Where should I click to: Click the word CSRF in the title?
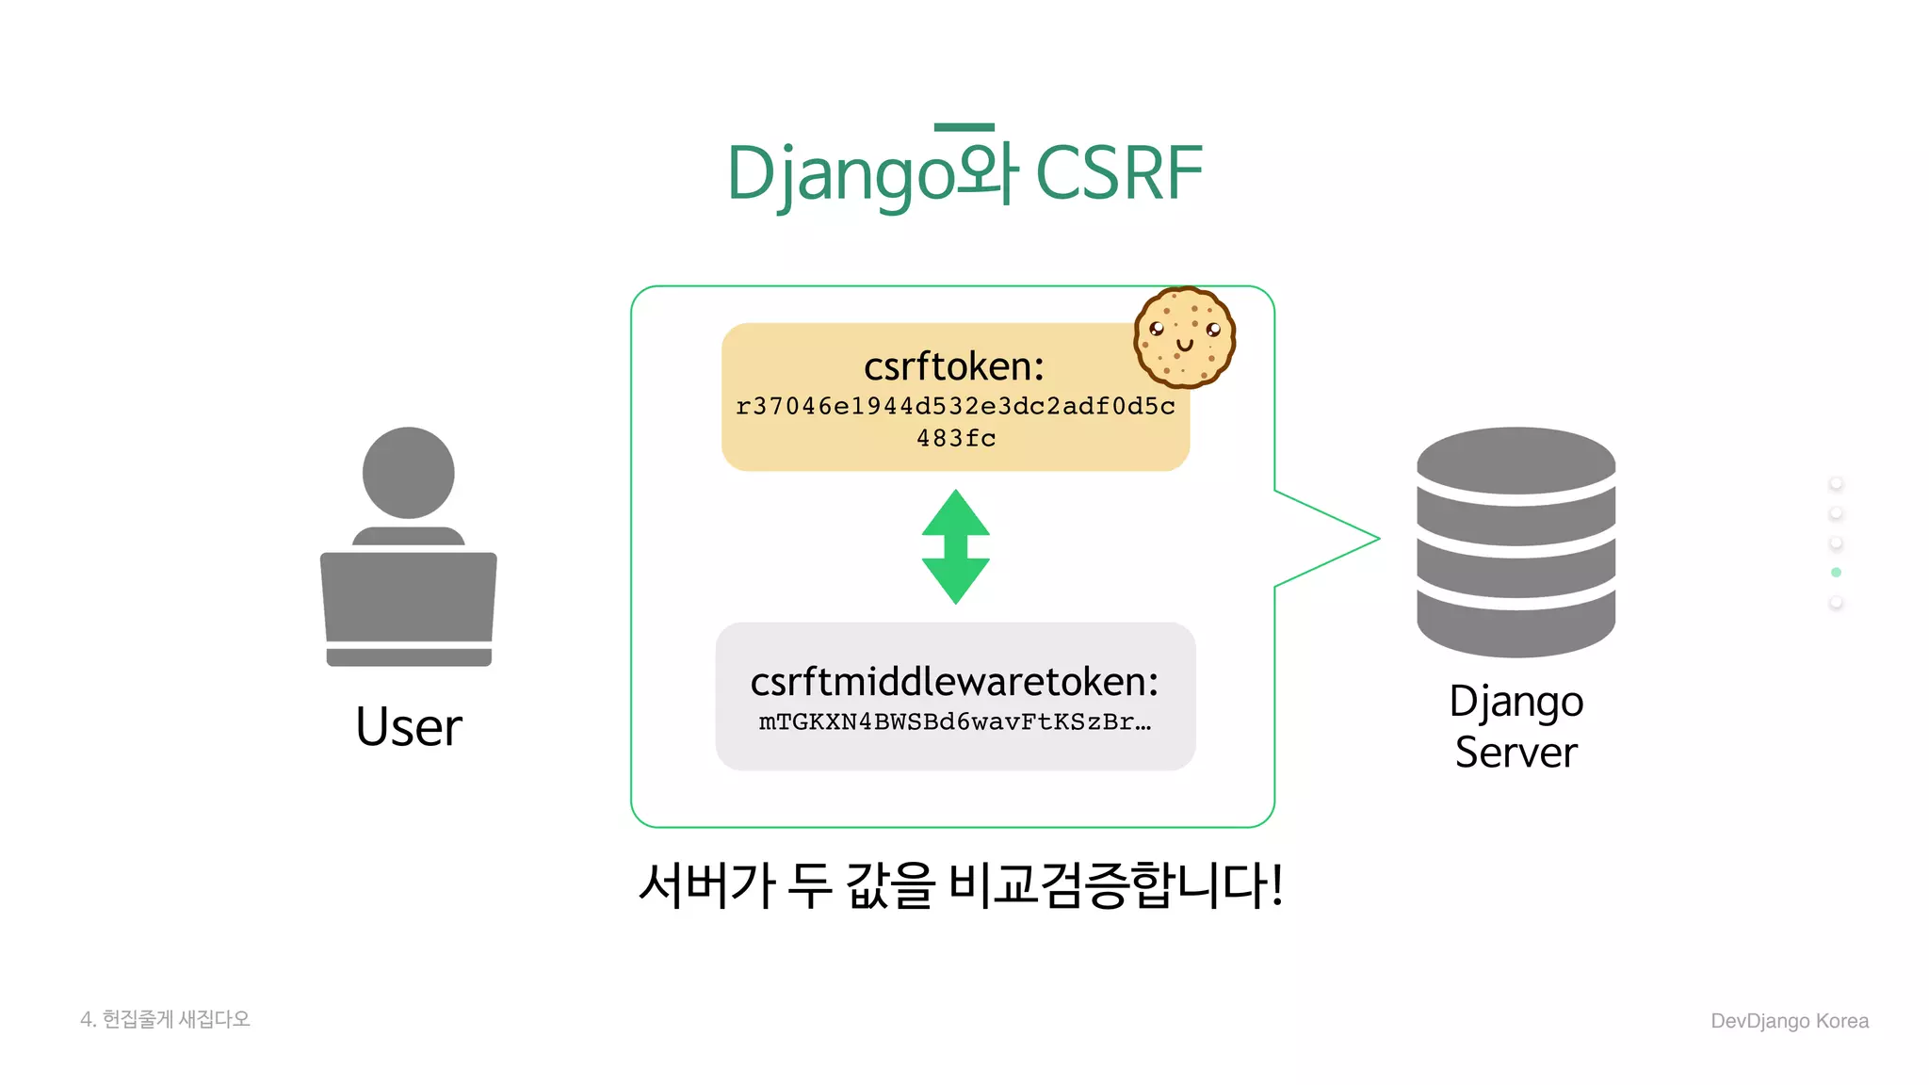1119,174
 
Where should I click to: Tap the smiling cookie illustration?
1184,337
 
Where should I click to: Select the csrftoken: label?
954,366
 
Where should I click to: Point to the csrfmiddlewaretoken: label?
954,681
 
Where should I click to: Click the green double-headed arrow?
955,546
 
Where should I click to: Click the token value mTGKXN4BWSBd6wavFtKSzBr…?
954,722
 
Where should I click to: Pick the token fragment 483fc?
955,438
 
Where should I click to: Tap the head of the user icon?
408,472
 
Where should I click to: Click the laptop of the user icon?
408,603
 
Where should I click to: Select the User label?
409,727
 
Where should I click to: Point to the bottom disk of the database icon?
1516,626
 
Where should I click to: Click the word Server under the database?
1516,753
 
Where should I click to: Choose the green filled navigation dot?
1836,573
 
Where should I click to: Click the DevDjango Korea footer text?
1789,1021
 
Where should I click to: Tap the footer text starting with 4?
165,1019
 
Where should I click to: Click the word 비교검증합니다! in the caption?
1115,885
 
